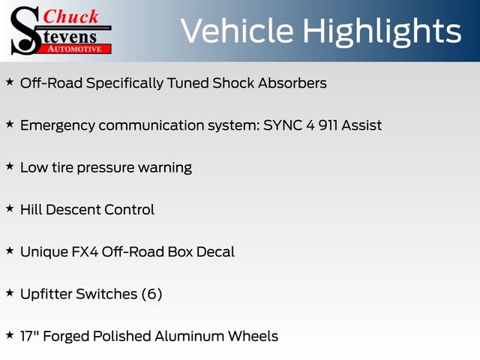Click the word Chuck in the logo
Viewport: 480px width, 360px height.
coord(70,16)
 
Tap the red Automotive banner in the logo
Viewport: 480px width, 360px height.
coord(75,49)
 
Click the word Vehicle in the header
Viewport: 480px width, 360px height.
coord(237,31)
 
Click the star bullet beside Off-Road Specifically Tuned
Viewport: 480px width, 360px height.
coord(10,82)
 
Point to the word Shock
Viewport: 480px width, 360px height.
coord(233,83)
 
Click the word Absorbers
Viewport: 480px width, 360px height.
coord(292,83)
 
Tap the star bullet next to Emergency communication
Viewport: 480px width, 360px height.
coord(10,124)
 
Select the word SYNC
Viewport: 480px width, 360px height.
coord(283,125)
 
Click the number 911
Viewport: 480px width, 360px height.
coord(328,125)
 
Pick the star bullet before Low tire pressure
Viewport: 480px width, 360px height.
coord(10,166)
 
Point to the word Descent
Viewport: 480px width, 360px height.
coord(73,210)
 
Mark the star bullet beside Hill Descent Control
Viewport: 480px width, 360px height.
coord(10,208)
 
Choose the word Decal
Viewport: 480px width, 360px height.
coord(215,252)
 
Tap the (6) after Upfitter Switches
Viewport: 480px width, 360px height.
coord(151,294)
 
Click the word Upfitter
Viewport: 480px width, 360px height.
coord(46,295)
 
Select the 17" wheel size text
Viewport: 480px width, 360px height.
coord(30,336)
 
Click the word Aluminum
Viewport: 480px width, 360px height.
coord(190,336)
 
